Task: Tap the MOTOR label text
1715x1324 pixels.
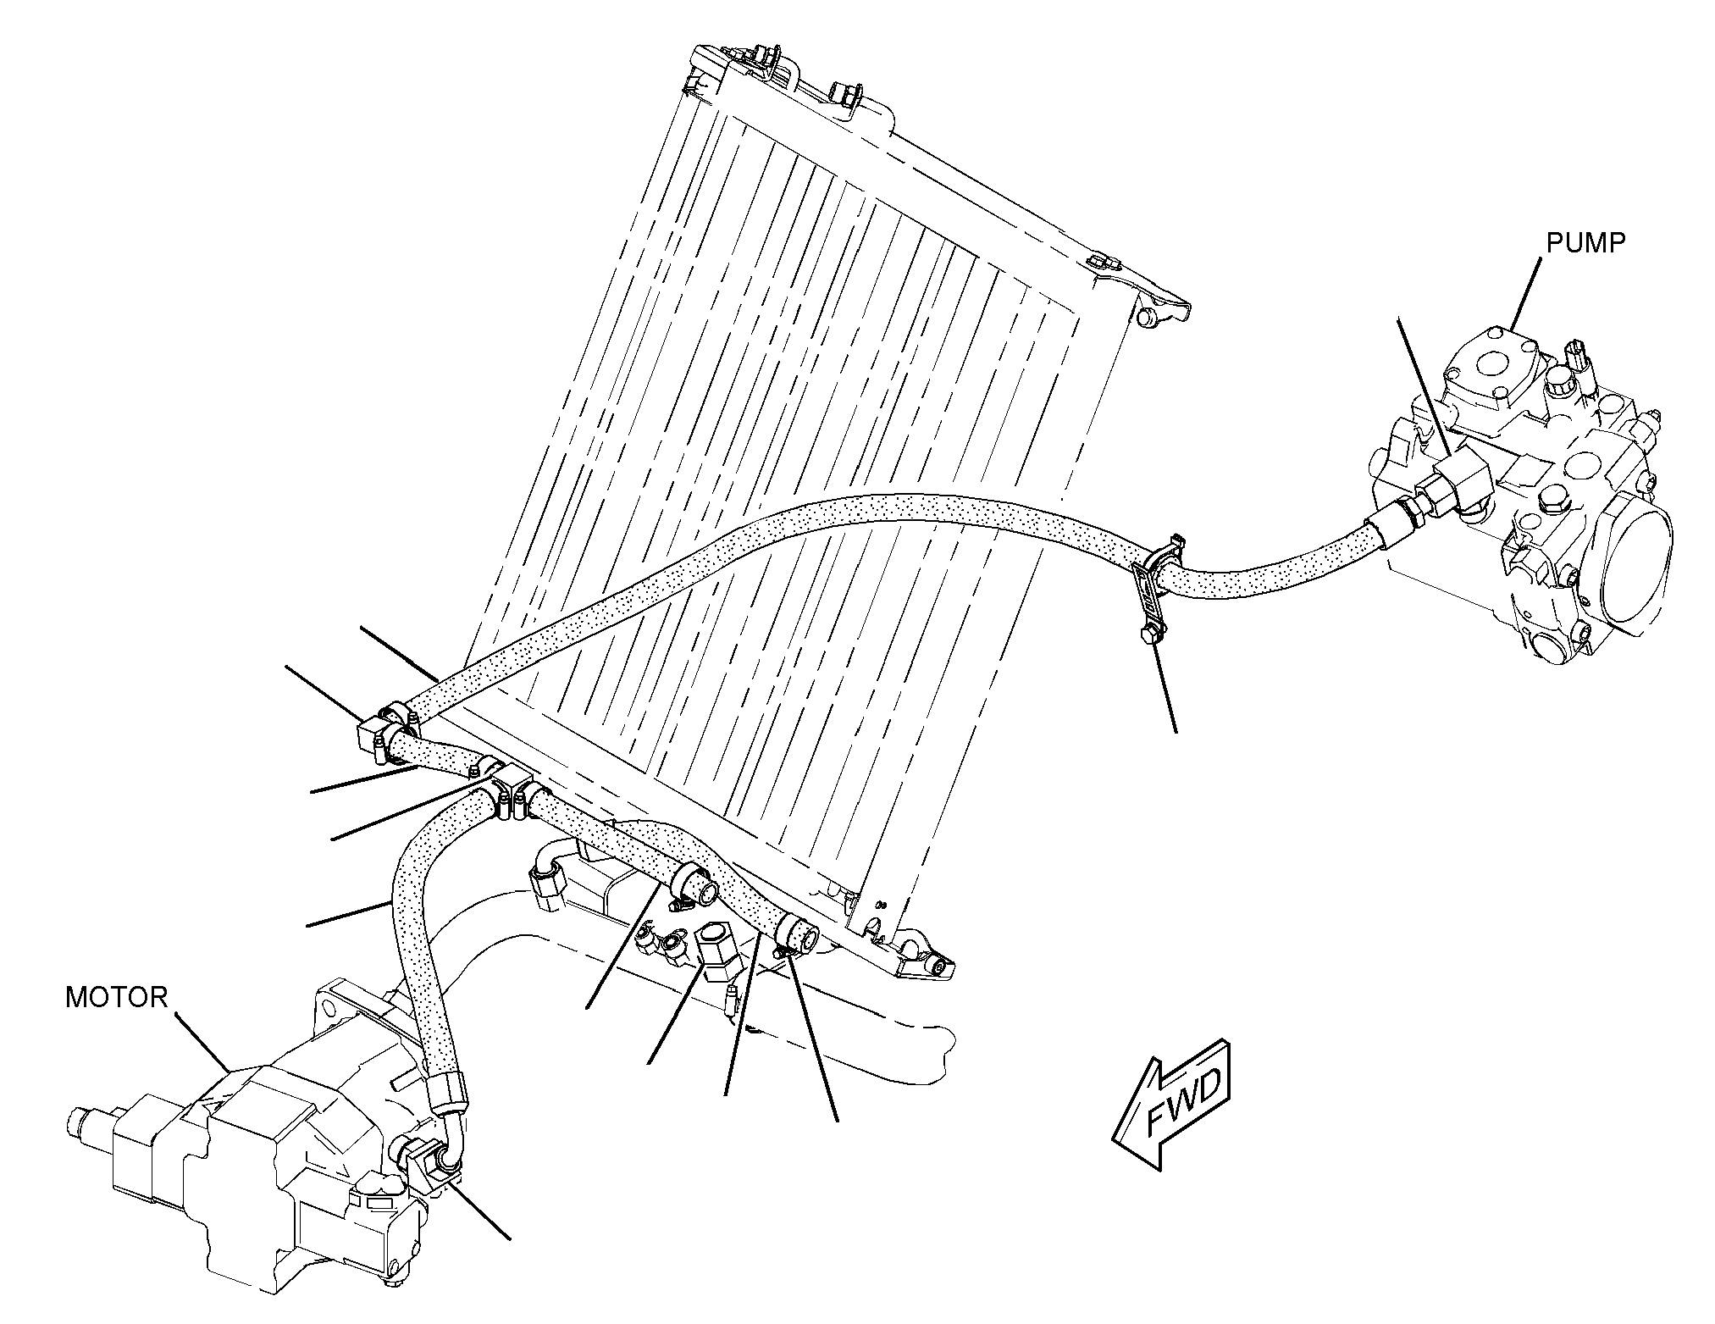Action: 117,997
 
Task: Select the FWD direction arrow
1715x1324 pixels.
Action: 1173,1102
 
